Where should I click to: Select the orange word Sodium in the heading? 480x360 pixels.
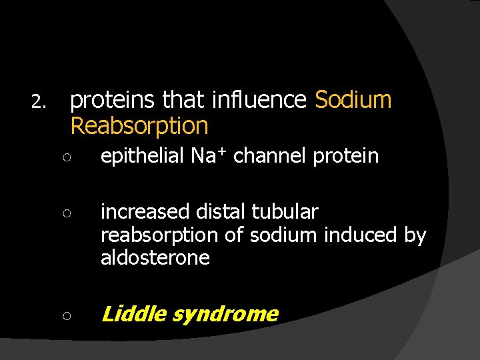(353, 100)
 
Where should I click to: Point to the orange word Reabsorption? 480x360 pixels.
(139, 125)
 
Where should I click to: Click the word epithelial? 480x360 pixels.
(142, 157)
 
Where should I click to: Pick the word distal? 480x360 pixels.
(221, 212)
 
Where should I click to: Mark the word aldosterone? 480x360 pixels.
(155, 257)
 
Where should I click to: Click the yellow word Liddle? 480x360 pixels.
(133, 313)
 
